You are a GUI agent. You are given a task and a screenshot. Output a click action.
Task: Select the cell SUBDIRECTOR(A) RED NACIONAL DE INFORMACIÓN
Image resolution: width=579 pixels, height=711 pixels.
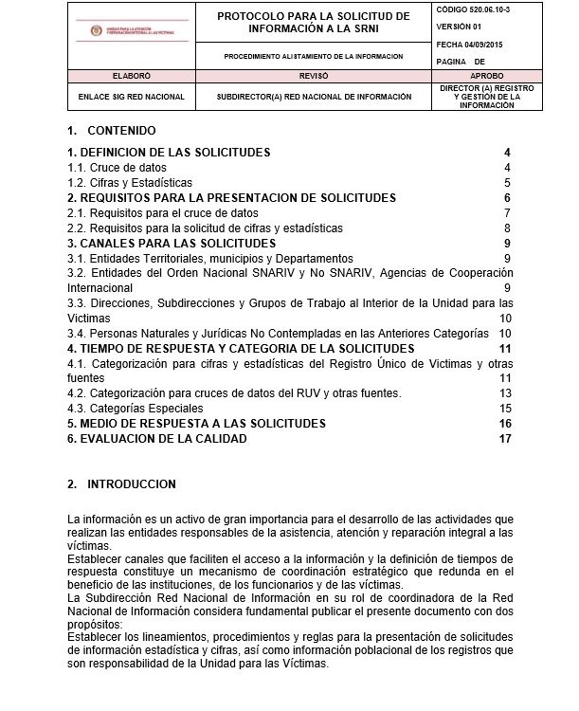[x=314, y=97]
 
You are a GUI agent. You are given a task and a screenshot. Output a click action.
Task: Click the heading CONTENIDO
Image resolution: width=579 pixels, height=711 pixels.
[x=121, y=131]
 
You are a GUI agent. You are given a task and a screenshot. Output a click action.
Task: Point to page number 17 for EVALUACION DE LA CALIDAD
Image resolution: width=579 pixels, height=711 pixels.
[x=504, y=439]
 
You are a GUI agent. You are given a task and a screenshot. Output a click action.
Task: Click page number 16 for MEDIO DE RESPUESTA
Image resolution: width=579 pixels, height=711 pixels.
[x=504, y=423]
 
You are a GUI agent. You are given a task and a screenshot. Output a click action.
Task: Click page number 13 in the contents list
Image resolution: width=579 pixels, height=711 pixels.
[x=505, y=392]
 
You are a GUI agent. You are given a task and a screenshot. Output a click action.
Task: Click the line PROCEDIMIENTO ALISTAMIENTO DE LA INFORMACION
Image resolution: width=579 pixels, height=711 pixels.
[x=314, y=57]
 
